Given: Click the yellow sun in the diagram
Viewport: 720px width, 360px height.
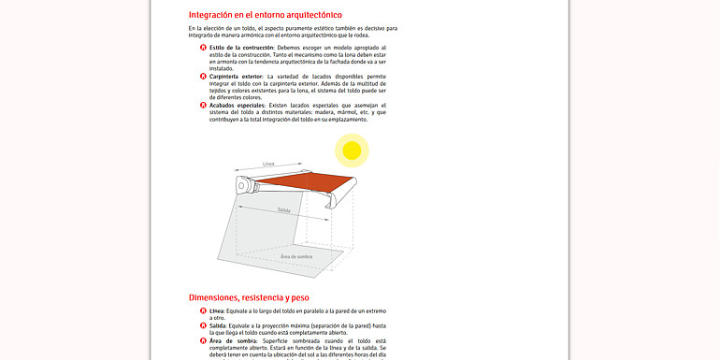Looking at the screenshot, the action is click(352, 150).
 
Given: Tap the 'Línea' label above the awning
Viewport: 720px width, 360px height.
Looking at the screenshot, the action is click(268, 165).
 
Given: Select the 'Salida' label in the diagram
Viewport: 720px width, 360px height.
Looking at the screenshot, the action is click(283, 210).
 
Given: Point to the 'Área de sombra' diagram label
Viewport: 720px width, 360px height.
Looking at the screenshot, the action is click(296, 255).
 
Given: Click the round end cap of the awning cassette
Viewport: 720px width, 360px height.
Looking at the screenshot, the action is click(243, 186).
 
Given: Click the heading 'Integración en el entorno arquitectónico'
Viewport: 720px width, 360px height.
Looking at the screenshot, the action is click(265, 15).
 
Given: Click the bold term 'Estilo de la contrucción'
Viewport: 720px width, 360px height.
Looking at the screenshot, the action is click(241, 47).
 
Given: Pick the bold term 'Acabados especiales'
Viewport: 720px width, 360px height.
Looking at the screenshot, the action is click(237, 105).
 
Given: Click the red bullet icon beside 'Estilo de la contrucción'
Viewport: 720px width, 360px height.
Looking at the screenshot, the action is click(203, 47).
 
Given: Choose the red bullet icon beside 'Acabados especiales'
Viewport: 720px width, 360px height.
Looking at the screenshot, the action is click(203, 105).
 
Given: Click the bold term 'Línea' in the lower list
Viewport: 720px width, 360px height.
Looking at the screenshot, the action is click(217, 310).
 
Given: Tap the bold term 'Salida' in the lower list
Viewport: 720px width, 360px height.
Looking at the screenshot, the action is click(219, 325).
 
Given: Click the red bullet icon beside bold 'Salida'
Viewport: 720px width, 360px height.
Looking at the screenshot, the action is click(203, 325).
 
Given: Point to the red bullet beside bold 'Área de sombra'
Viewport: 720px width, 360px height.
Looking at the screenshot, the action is click(203, 340).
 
